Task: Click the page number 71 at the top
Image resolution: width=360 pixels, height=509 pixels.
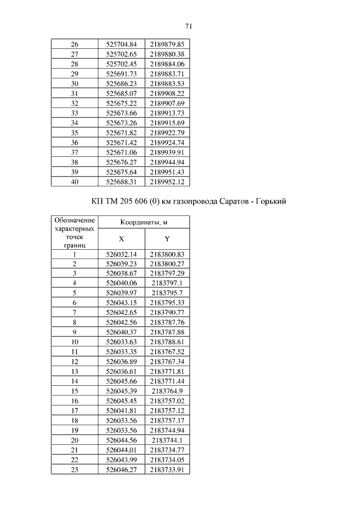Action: (188, 26)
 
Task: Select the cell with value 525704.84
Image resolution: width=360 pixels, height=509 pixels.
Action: (121, 44)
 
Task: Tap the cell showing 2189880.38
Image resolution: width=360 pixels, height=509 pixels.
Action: (167, 54)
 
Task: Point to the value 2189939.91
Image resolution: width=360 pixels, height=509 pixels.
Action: (167, 152)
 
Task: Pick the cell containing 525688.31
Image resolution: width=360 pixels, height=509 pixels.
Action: (121, 182)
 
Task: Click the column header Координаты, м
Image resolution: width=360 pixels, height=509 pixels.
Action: (144, 223)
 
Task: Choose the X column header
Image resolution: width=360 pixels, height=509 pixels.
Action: (121, 239)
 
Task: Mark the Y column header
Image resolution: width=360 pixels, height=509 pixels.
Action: (167, 239)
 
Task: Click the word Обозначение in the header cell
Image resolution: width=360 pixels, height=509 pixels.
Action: (75, 220)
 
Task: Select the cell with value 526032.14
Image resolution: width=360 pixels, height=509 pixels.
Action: (121, 254)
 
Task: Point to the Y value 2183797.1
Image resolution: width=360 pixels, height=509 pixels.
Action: (167, 283)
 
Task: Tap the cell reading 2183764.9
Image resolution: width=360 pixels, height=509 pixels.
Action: (167, 391)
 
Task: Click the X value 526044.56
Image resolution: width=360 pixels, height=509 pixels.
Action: (121, 440)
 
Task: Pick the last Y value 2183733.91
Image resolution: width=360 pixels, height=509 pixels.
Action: (167, 469)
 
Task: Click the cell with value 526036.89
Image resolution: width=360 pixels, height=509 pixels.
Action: (121, 362)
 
